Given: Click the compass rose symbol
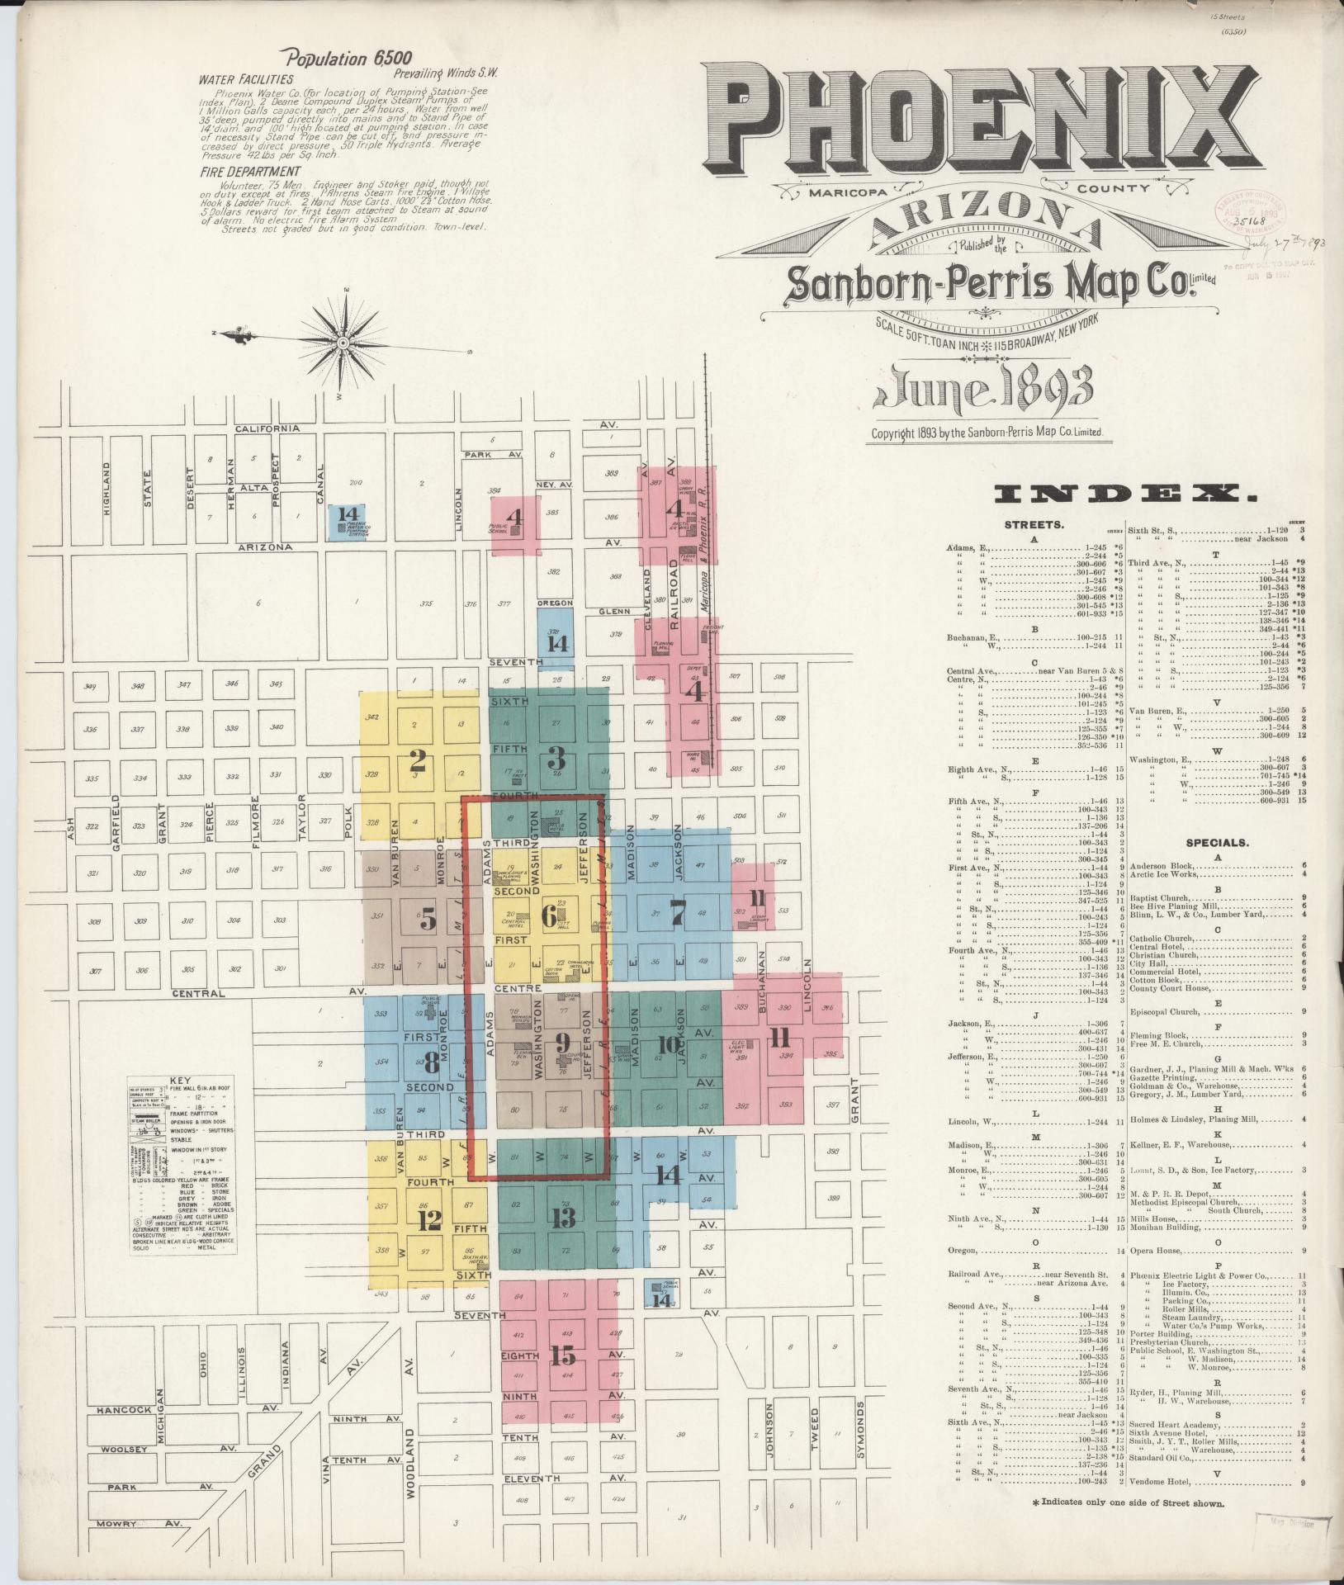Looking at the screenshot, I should (343, 340).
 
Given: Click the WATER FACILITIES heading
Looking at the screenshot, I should (245, 81).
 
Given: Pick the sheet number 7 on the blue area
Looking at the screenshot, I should (678, 914).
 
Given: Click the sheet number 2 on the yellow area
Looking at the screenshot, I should (417, 761).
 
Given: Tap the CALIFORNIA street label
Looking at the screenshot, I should (266, 428).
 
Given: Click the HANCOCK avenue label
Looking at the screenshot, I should (124, 1410).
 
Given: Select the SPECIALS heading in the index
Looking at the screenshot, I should (1217, 843).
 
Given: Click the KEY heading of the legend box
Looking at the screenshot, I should (179, 1080).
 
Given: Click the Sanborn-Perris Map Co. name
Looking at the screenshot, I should (991, 282).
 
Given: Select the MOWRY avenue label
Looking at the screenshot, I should (115, 1524).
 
